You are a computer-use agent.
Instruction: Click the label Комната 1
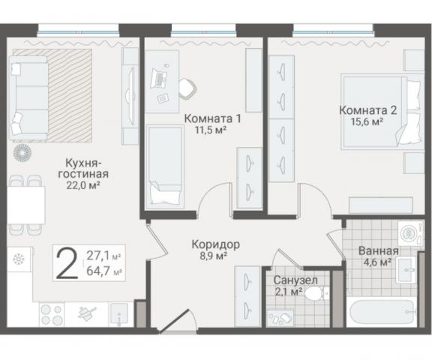pos(212,118)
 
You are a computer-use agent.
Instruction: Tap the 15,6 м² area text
pos(367,121)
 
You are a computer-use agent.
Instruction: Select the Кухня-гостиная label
pos(83,168)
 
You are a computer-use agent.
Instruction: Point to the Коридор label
pos(216,244)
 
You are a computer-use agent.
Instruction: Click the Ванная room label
pos(379,251)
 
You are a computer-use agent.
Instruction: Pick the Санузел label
pos(295,280)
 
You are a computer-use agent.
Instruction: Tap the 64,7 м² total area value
pos(104,271)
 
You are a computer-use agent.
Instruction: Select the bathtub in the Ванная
pos(382,313)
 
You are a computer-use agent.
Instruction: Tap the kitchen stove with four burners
pos(52,314)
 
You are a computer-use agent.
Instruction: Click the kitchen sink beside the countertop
pos(119,314)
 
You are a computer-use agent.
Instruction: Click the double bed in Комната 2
pos(382,112)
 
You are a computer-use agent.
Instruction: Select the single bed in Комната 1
pos(165,166)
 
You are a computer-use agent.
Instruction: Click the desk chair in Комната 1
pos(187,88)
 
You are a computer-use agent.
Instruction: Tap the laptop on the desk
pos(159,78)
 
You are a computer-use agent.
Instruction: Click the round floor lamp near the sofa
pos(22,153)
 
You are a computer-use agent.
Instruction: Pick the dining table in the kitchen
pos(26,205)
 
